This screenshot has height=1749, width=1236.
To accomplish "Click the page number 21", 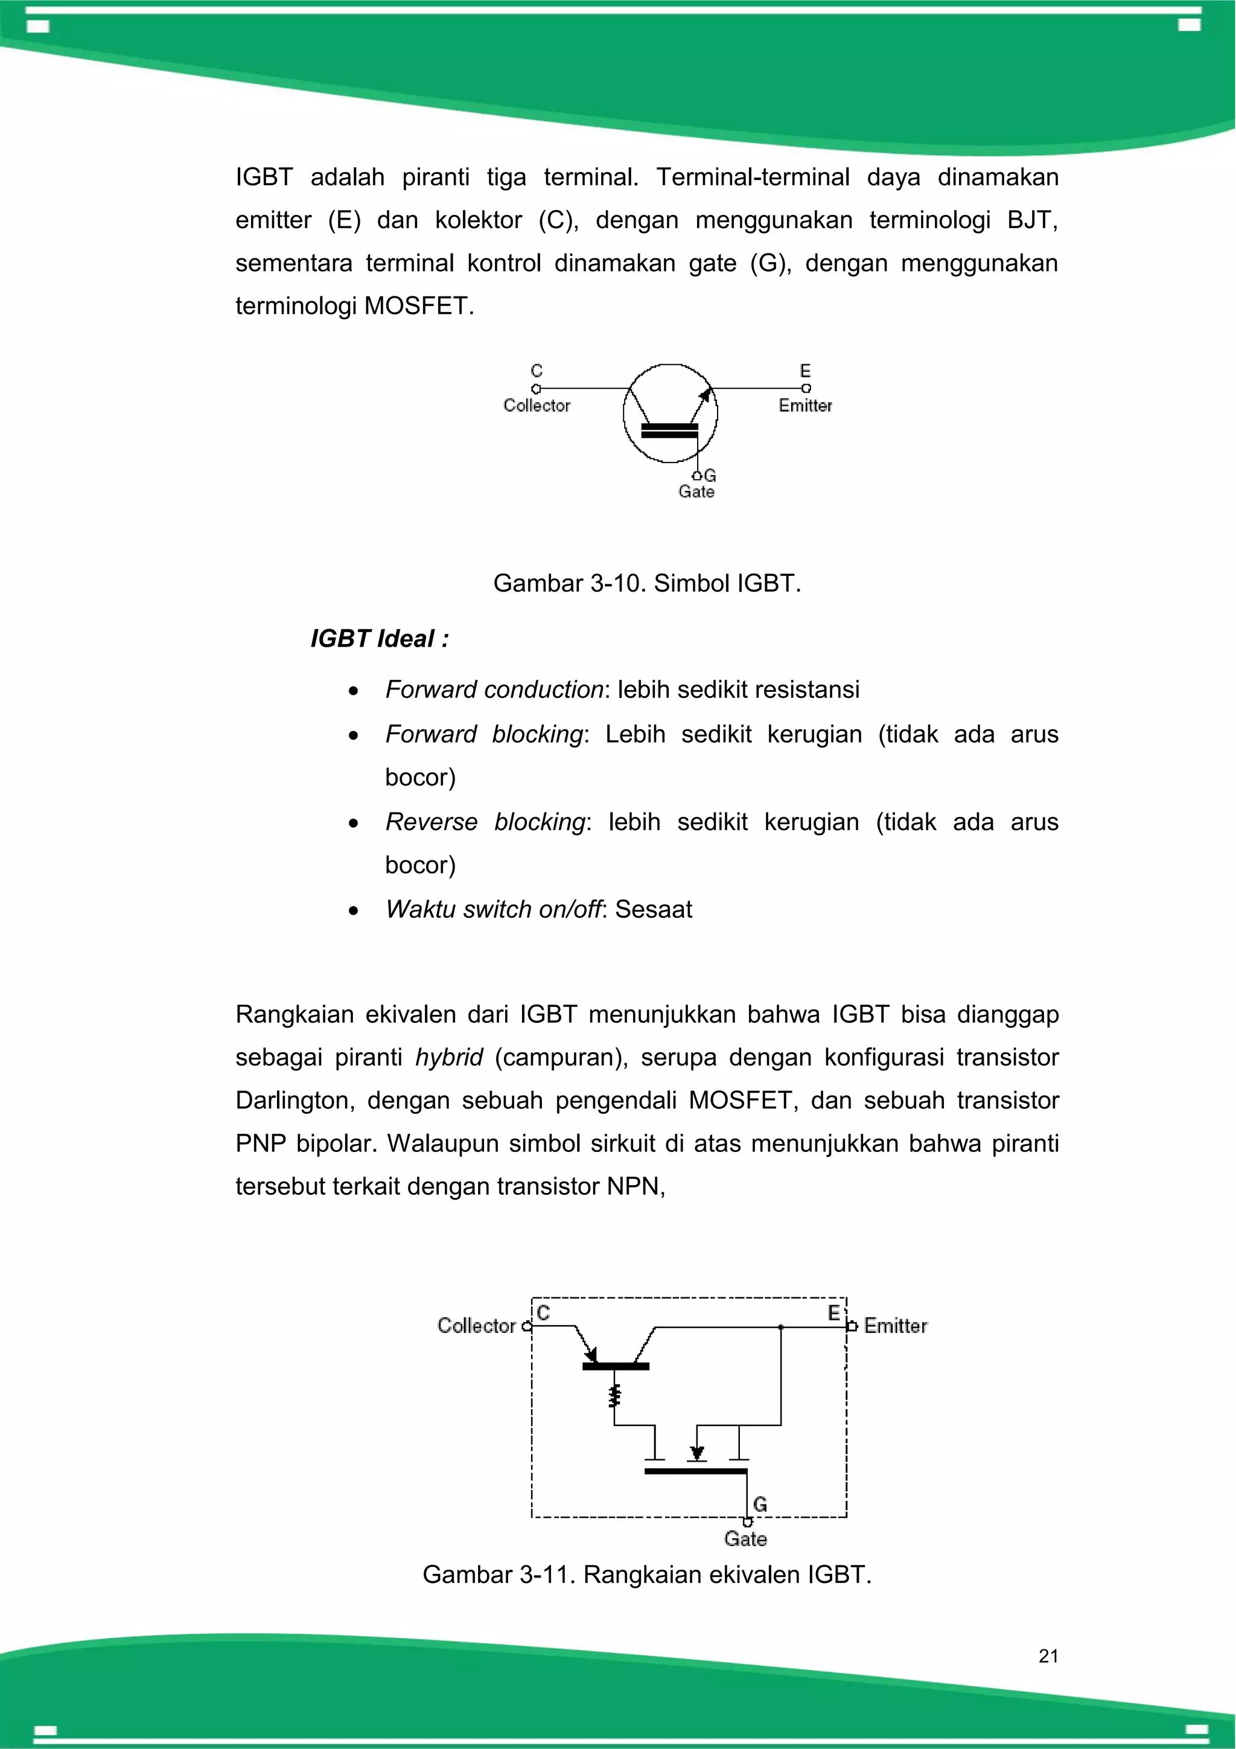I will pyautogui.click(x=1048, y=1655).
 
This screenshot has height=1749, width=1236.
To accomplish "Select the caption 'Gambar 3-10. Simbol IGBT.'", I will pyautogui.click(x=646, y=584).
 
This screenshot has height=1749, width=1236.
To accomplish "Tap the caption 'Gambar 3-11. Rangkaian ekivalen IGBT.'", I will pyautogui.click(x=646, y=1574).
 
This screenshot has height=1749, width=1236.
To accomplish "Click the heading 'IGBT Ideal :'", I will pyautogui.click(x=379, y=638).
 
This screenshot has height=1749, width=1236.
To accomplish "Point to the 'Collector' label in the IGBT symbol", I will pyautogui.click(x=537, y=405).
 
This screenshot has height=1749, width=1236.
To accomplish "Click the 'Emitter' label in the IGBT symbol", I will pyautogui.click(x=805, y=405).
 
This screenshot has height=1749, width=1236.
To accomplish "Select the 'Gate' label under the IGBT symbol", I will pyautogui.click(x=696, y=492).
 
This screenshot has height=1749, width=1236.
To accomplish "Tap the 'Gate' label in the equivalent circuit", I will pyautogui.click(x=745, y=1539).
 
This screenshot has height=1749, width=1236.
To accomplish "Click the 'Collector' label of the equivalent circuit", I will pyautogui.click(x=477, y=1325).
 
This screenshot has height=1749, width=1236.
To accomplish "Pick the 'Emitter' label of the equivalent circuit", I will pyautogui.click(x=896, y=1325).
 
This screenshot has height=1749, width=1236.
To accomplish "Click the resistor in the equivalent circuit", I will pyautogui.click(x=614, y=1396).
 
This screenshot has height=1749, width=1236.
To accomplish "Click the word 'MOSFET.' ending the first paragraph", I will pyautogui.click(x=419, y=306).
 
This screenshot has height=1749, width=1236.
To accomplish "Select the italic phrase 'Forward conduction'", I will pyautogui.click(x=494, y=689).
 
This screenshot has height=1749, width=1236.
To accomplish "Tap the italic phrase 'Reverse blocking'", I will pyautogui.click(x=485, y=822).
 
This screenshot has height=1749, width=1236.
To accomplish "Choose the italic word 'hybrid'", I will pyautogui.click(x=448, y=1057).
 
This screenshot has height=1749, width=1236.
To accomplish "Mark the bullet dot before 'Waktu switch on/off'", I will pyautogui.click(x=352, y=911).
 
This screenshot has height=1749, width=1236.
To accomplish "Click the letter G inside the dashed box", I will pyautogui.click(x=759, y=1504).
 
